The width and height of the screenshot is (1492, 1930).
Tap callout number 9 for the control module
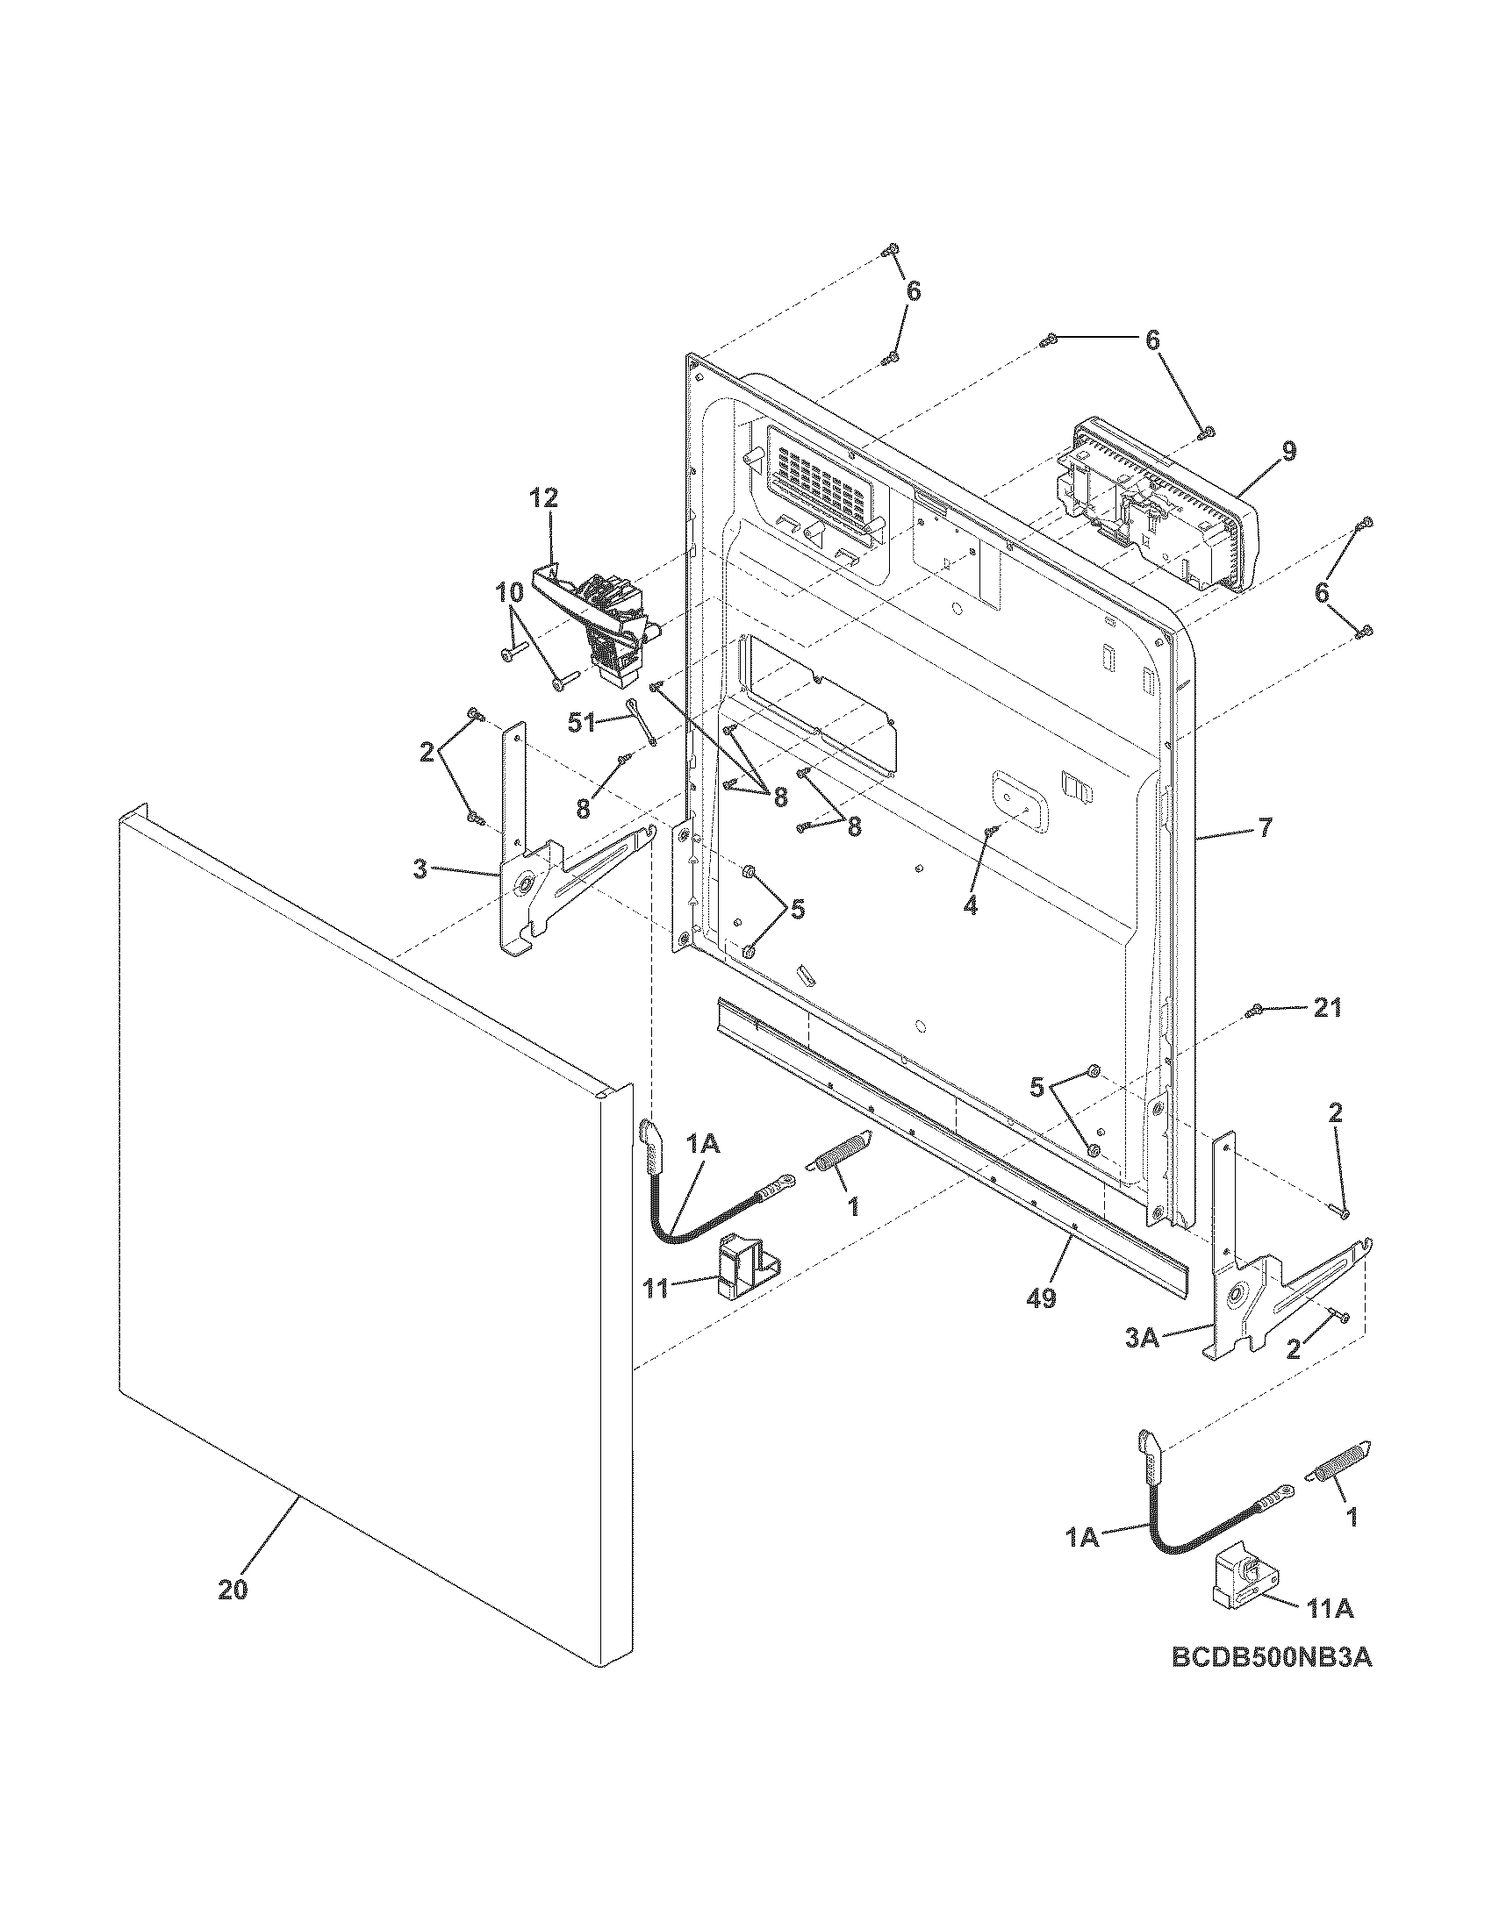(x=1289, y=452)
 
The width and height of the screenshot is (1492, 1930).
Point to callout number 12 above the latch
(x=544, y=498)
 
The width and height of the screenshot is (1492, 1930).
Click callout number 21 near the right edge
(x=1327, y=1007)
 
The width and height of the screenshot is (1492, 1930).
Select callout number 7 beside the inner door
(x=1265, y=828)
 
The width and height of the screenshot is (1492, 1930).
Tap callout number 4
(x=971, y=906)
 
